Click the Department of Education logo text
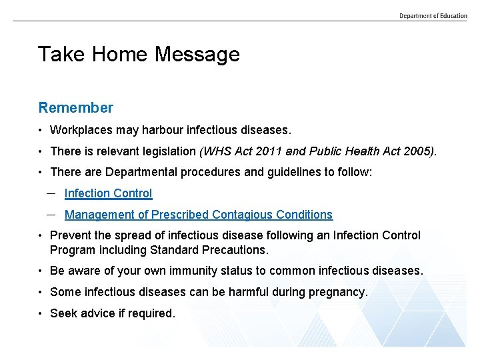tap(433, 15)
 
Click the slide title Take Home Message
tap(138, 54)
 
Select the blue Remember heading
tap(75, 107)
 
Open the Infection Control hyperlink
tap(108, 193)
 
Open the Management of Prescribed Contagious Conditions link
tap(198, 215)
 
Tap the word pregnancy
tap(338, 292)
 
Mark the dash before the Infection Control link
tap(51, 193)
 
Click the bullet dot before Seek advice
tap(41, 313)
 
